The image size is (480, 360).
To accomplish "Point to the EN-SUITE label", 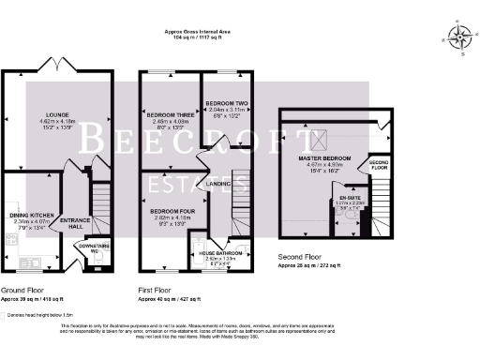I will (x=350, y=198).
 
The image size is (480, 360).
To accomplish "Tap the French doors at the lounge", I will (x=57, y=66).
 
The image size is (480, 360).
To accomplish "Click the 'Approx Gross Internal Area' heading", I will (x=199, y=31).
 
